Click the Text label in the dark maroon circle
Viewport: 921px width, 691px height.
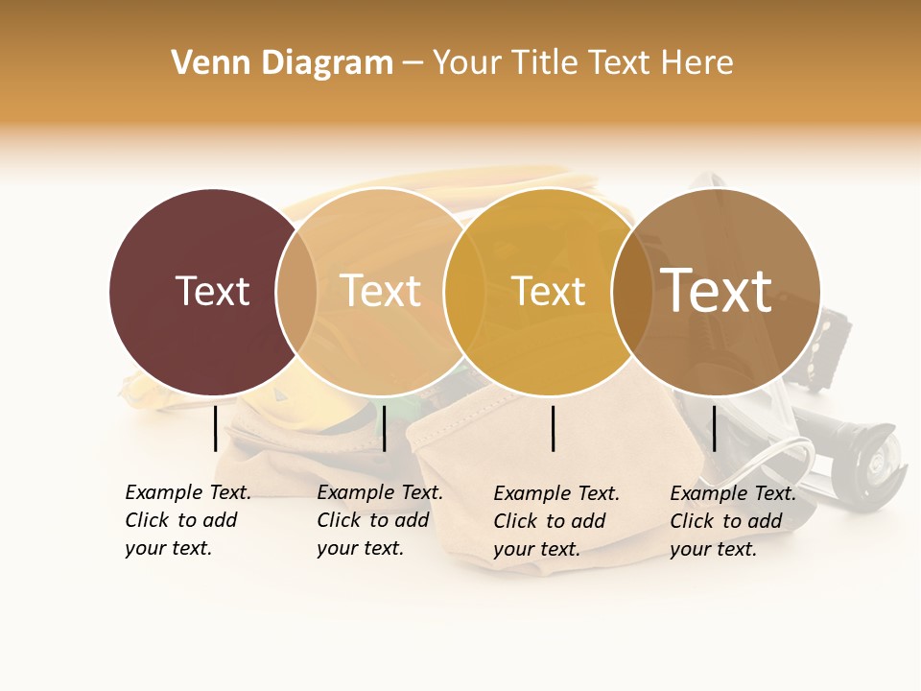(x=212, y=291)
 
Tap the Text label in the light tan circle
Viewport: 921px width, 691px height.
(x=381, y=291)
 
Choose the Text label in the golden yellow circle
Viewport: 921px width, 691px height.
(x=548, y=291)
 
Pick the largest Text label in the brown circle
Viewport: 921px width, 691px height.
(x=716, y=290)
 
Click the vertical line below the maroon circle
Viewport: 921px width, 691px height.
(x=215, y=428)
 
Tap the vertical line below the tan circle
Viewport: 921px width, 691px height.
(x=384, y=428)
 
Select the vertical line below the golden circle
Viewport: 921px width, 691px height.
(x=554, y=428)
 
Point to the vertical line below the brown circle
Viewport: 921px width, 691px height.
(x=714, y=428)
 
